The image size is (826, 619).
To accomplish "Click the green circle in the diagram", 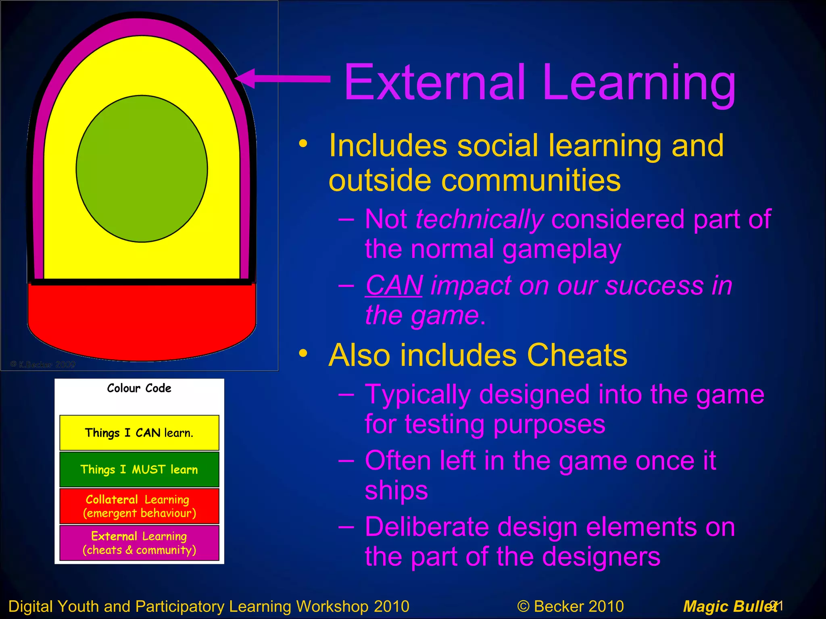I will (x=142, y=169).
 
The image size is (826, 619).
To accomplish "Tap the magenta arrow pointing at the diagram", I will (x=282, y=78).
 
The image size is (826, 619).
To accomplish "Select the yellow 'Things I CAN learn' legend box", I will (x=139, y=433).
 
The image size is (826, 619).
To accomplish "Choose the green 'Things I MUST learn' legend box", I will (x=139, y=469).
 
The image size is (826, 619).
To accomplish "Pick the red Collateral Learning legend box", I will (x=139, y=506).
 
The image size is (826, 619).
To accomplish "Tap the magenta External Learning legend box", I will (x=139, y=543).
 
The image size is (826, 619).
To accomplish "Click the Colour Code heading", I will (x=139, y=388).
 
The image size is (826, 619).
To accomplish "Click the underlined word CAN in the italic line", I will (x=394, y=285).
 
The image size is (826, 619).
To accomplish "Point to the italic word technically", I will (x=480, y=220).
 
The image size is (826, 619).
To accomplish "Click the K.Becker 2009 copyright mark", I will (x=43, y=365).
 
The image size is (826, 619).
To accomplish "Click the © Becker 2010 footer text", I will (x=570, y=606).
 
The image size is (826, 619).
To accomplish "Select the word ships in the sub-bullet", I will (x=396, y=491).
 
